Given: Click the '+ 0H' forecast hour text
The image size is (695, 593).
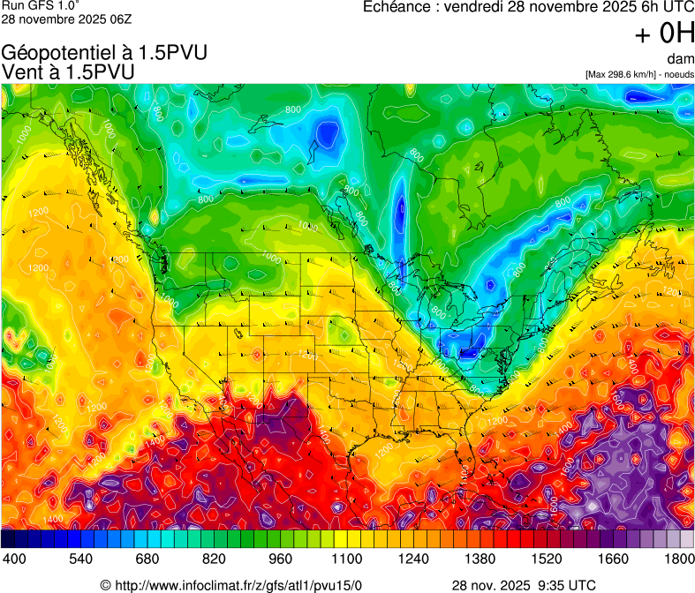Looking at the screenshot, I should tap(665, 34).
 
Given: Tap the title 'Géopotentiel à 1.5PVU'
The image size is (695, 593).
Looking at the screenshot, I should tap(104, 53).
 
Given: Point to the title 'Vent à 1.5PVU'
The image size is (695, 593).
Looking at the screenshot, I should tap(69, 71).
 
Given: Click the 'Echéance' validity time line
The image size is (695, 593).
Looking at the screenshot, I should tap(529, 7).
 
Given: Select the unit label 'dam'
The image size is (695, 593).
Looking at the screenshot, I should tap(681, 58).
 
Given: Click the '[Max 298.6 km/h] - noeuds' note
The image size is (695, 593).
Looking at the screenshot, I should tap(639, 74).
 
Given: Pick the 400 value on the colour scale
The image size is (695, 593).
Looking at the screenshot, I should tap(13, 559).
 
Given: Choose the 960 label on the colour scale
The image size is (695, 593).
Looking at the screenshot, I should tap(281, 559).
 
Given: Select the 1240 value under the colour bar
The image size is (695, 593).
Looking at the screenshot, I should tap(414, 559).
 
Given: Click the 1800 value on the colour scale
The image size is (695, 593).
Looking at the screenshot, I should tap(680, 559).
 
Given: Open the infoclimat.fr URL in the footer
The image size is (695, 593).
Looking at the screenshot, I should tap(231, 584).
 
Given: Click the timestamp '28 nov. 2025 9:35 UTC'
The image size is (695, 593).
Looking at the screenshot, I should tap(524, 584).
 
